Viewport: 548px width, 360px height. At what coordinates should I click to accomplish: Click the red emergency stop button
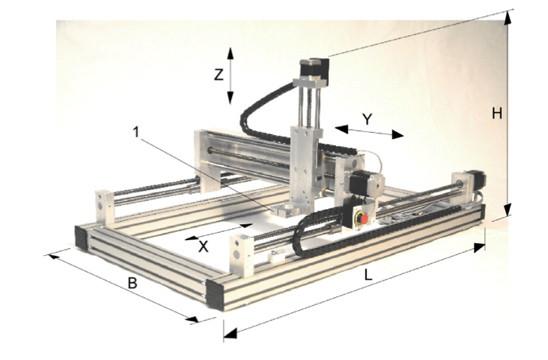point(365,219)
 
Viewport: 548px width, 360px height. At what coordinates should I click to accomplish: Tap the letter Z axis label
point(218,75)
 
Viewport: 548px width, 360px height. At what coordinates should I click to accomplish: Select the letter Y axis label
point(367,119)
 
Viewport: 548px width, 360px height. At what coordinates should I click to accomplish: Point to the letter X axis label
point(203,246)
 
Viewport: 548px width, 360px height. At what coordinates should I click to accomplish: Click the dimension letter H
point(497,114)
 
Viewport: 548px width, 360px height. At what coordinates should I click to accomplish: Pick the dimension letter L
point(368,275)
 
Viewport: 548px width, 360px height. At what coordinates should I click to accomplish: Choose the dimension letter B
point(132,283)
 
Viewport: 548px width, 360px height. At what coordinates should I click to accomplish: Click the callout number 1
point(136,132)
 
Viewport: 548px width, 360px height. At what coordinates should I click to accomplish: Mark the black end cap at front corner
point(215,295)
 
